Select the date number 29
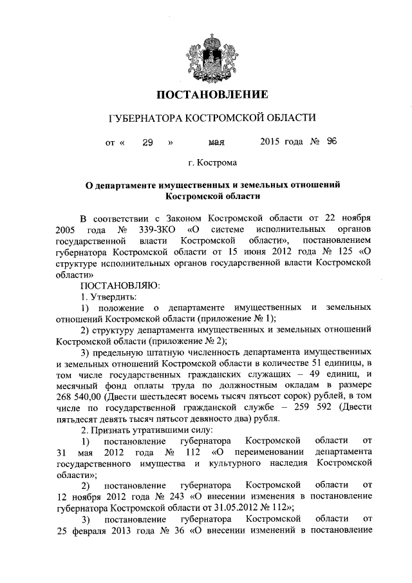pos(147,142)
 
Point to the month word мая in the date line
pos(217,142)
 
